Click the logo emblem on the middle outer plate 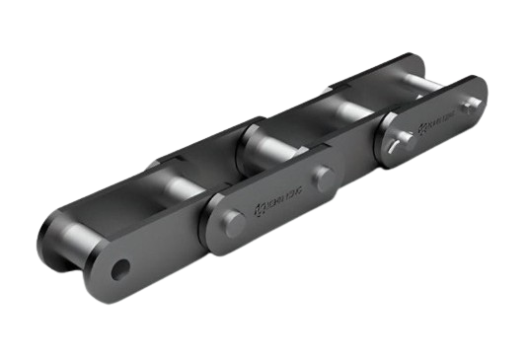click(262, 205)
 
